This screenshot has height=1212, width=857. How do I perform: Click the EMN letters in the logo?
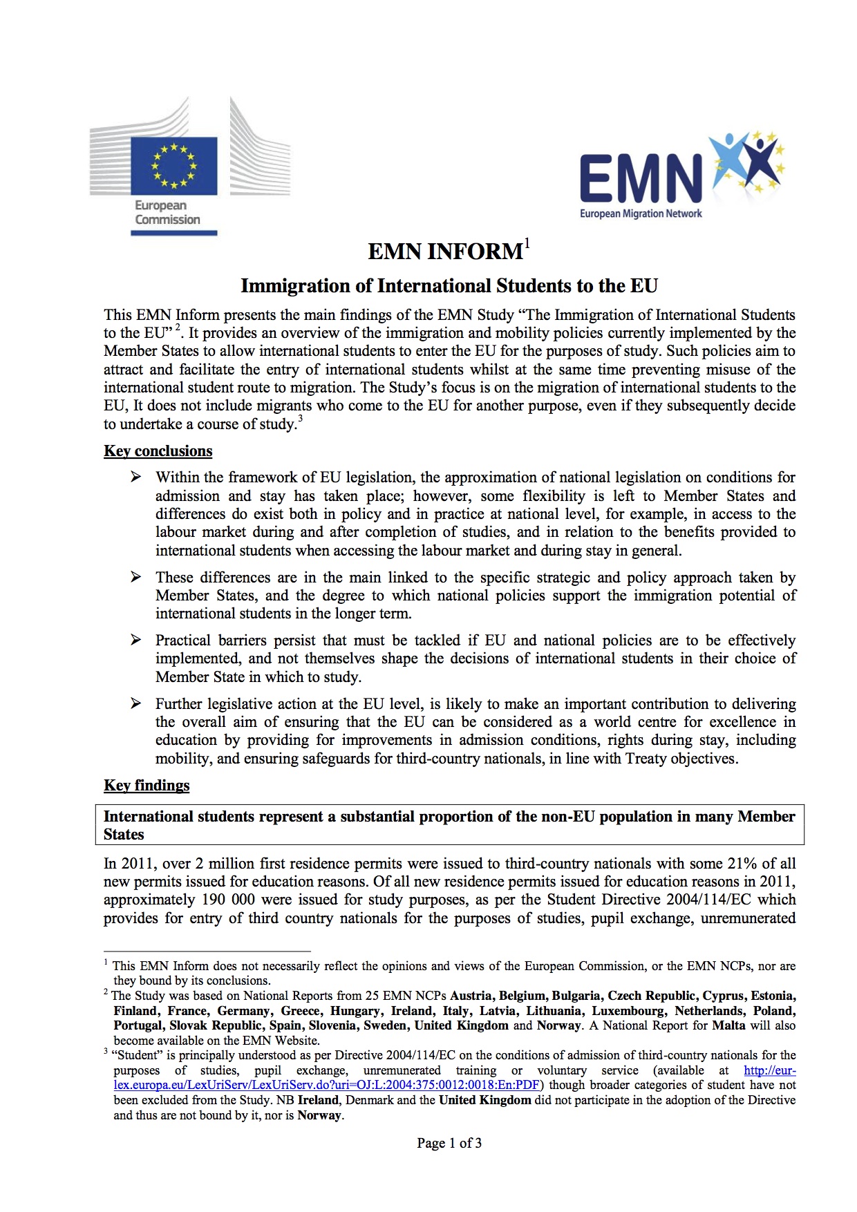[x=640, y=179]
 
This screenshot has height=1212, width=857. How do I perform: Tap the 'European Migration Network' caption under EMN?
[x=641, y=214]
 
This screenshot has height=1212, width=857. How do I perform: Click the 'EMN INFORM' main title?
[x=445, y=252]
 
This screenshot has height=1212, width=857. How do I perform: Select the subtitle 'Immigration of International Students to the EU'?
[x=449, y=286]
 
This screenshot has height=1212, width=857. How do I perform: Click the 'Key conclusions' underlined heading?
[x=158, y=451]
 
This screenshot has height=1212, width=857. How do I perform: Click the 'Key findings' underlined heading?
[x=147, y=786]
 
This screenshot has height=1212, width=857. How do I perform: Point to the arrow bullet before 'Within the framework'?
[x=136, y=477]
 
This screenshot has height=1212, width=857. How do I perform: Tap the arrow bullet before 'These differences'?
[x=136, y=577]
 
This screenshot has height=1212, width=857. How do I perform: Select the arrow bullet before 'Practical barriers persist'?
[x=136, y=640]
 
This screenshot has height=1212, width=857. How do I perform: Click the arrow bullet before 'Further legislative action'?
[x=136, y=703]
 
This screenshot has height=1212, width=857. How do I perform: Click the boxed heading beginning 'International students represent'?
[x=449, y=825]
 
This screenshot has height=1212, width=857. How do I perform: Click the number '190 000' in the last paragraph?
[x=228, y=900]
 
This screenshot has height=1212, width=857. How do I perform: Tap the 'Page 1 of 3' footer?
[x=449, y=1143]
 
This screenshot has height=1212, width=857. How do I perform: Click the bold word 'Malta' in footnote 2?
[x=728, y=1025]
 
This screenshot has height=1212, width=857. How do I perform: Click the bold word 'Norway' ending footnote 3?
[x=319, y=1115]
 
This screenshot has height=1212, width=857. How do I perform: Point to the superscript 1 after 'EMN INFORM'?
[x=527, y=243]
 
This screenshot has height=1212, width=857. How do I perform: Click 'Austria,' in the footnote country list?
[x=472, y=996]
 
